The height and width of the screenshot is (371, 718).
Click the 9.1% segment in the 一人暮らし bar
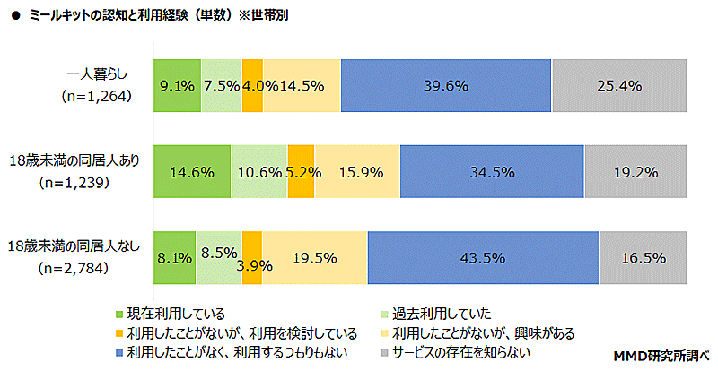[x=176, y=86]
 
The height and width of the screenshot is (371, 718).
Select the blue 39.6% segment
[x=446, y=86]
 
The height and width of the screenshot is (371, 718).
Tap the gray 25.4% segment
[x=620, y=86]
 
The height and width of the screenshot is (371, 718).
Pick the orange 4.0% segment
[x=252, y=86]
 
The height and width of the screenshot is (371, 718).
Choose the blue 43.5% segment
[x=483, y=258]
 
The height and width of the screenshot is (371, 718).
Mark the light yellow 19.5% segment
[x=314, y=258]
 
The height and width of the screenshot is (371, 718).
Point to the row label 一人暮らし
[x=98, y=73]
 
